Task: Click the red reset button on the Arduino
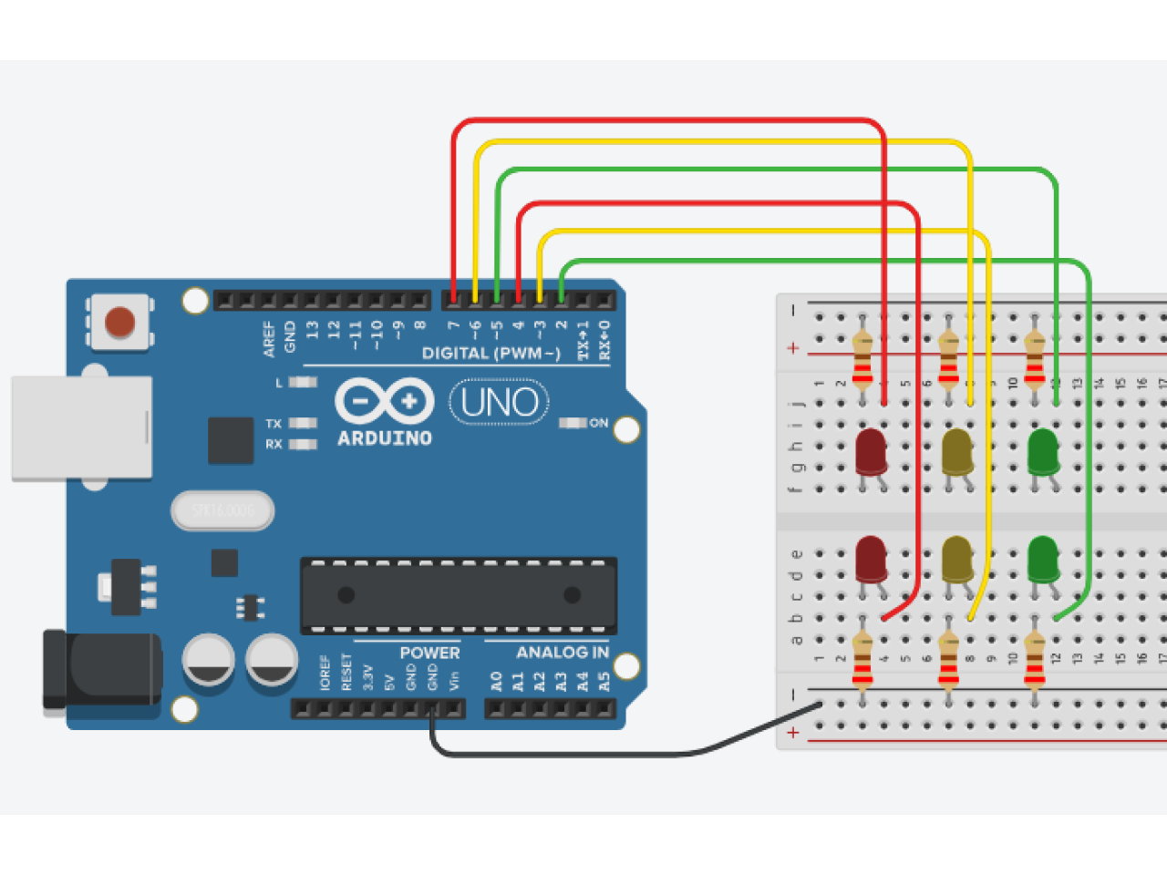pyautogui.click(x=119, y=322)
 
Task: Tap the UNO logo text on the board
pyautogui.click(x=499, y=402)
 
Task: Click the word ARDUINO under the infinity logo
pyautogui.click(x=385, y=438)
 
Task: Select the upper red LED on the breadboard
pyautogui.click(x=871, y=451)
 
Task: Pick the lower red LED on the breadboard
pyautogui.click(x=871, y=559)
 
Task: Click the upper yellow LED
pyautogui.click(x=956, y=451)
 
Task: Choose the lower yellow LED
pyautogui.click(x=956, y=559)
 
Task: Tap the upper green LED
pyautogui.click(x=1042, y=451)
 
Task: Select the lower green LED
pyautogui.click(x=1042, y=559)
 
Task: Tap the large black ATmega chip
pyautogui.click(x=459, y=596)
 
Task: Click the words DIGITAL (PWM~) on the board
pyautogui.click(x=491, y=354)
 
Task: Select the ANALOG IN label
pyautogui.click(x=562, y=653)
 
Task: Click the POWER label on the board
pyautogui.click(x=429, y=653)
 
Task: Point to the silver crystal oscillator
pyautogui.click(x=222, y=510)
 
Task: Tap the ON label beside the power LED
pyautogui.click(x=598, y=423)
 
